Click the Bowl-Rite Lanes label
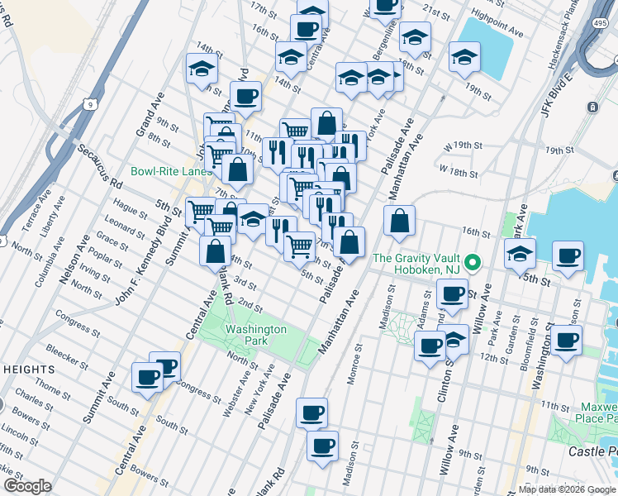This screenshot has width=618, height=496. point(171,172)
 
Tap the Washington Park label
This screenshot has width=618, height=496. point(256,335)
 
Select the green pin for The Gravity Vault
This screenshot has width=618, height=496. point(472,264)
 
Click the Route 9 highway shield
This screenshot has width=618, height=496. point(88,103)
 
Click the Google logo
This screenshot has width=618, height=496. point(27,487)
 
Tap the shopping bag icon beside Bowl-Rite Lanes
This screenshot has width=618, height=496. point(238,169)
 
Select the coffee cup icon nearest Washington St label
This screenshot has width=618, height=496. point(567,341)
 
